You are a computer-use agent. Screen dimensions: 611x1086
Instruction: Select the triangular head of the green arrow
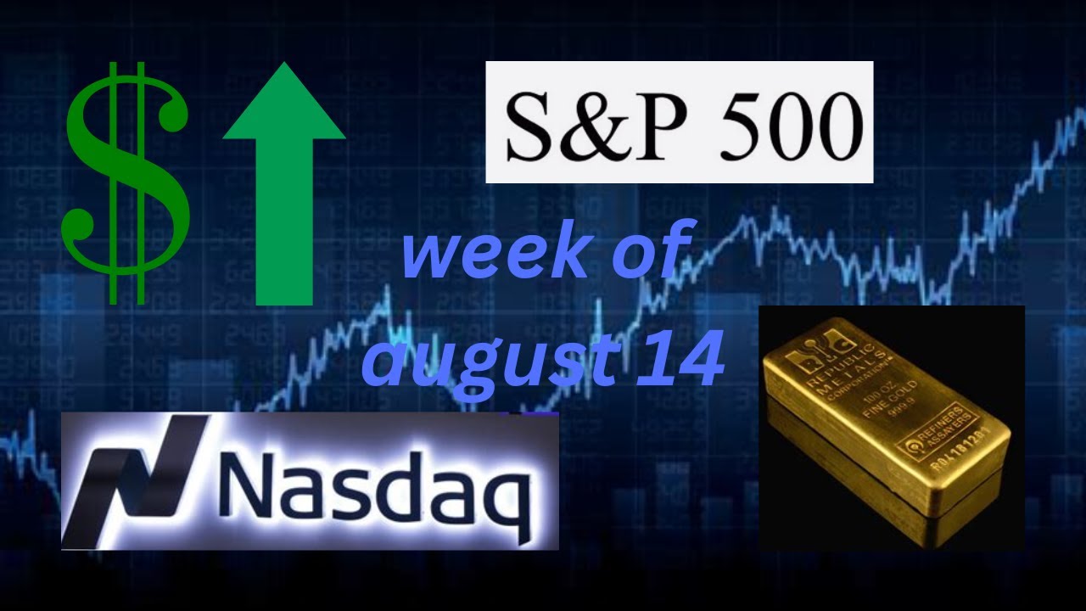(x=284, y=106)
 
